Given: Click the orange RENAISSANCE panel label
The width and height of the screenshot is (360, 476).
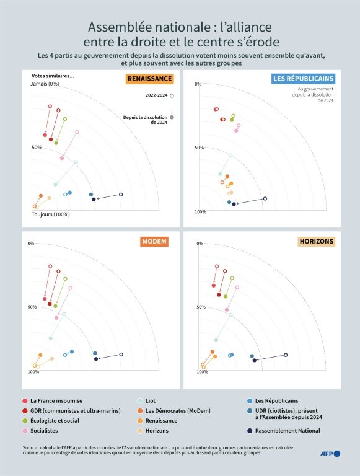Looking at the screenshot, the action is tap(150, 79).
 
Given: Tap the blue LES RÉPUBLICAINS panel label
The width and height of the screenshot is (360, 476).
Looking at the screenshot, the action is tap(303, 79).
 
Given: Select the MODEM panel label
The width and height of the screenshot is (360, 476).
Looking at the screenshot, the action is tap(154, 242).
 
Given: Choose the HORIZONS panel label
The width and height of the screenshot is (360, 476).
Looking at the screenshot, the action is tap(317, 242).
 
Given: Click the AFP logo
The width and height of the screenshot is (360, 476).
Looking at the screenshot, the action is tap(330, 454).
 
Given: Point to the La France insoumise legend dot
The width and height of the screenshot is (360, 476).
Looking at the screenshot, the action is tap(25, 401).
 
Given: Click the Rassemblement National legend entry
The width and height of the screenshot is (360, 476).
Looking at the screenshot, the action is tap(284, 431).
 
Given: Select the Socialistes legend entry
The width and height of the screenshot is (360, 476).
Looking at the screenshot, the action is tap(40, 431).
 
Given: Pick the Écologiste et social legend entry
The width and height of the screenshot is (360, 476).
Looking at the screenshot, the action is tap(51, 421).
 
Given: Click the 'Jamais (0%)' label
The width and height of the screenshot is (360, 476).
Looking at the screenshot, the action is tap(45, 84).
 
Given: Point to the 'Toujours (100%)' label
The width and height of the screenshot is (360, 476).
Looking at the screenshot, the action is tap(51, 214).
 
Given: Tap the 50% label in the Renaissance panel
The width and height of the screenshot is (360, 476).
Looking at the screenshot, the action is tap(37, 148).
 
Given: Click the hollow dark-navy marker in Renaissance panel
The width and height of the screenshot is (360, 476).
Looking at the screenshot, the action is tap(121, 195).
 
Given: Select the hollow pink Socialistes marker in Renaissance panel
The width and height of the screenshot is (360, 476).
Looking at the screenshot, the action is tap(77, 132).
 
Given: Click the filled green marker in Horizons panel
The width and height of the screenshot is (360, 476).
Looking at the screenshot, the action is tap(226, 296).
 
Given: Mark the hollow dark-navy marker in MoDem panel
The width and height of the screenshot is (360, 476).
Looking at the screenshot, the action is tap(121, 355).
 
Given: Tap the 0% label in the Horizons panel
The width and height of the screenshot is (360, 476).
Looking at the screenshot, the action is tap(200, 244).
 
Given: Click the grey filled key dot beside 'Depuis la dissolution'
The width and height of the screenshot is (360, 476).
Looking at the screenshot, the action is tap(172, 117).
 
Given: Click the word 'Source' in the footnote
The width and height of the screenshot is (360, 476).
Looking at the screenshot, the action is tap(30, 447).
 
